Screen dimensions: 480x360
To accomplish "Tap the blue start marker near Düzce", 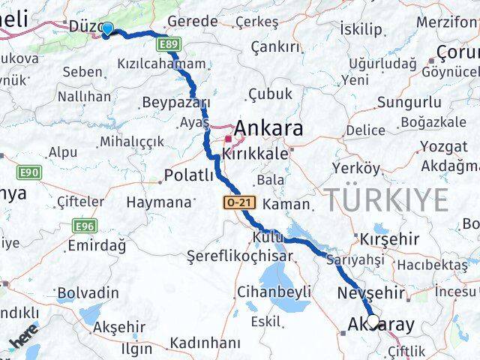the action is (x=107, y=29).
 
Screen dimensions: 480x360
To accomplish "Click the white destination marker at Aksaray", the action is (x=373, y=322).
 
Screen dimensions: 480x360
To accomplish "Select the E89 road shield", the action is (x=168, y=46).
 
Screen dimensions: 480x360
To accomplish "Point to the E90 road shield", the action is (x=30, y=172).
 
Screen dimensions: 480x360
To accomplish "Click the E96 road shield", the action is (x=84, y=225).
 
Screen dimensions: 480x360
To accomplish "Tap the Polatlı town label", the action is (x=189, y=176).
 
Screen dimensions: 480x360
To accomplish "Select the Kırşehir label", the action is (x=389, y=238).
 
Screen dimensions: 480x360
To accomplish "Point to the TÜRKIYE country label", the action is (x=386, y=200).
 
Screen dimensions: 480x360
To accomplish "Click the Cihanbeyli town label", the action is (x=274, y=292).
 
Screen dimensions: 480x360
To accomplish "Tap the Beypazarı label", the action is (x=176, y=103).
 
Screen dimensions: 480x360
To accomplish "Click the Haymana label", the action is (x=159, y=202).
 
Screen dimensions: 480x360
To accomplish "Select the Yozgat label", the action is (x=443, y=146).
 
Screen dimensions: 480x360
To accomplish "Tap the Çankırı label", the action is (x=275, y=47).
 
